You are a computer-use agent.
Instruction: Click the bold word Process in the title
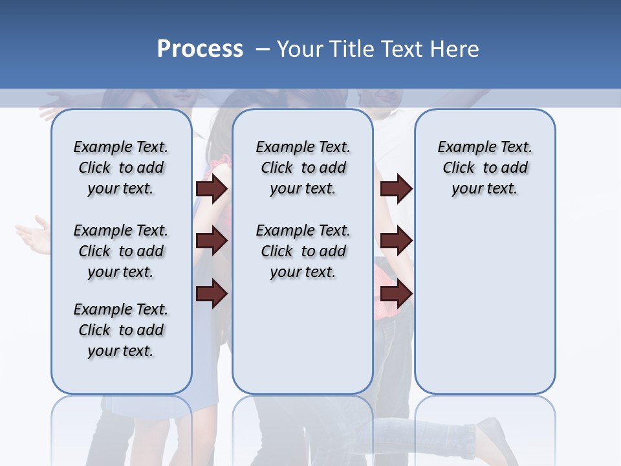point(200,49)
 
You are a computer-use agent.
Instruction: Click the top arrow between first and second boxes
point(212,189)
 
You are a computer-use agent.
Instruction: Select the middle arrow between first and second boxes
point(212,241)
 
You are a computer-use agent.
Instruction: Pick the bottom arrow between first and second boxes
point(212,293)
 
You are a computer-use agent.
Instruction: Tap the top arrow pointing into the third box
point(396,189)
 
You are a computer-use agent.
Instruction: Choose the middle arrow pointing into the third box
point(396,241)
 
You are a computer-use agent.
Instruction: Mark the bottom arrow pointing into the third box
point(396,293)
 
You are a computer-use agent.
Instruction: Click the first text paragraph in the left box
point(121,168)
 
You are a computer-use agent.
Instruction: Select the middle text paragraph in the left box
point(121,251)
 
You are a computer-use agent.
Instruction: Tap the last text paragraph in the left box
point(121,330)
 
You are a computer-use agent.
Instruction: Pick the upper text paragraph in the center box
point(303,168)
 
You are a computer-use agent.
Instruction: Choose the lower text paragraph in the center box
point(303,251)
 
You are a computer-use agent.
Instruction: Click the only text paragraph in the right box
point(485,168)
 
